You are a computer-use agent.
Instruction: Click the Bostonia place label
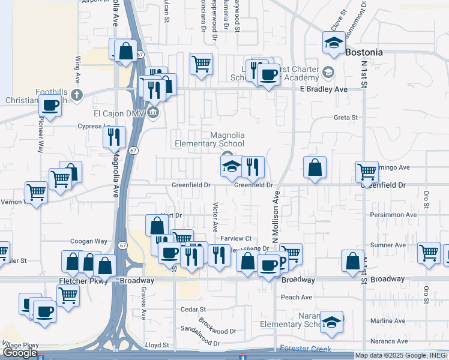tap(364, 53)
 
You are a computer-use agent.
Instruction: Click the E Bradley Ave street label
tap(324, 89)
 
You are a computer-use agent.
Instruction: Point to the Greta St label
tap(346, 118)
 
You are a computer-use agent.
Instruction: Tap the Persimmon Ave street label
tap(394, 215)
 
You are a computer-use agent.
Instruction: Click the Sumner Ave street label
tap(389, 245)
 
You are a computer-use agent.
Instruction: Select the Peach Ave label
tap(297, 297)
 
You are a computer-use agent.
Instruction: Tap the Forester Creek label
tap(306, 349)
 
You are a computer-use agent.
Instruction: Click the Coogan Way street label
tap(89, 241)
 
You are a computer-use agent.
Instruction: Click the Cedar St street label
tap(193, 310)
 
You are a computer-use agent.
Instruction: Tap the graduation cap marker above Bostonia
tap(333, 42)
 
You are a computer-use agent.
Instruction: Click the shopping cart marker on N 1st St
tap(367, 172)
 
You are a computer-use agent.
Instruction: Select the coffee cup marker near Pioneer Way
tap(50, 107)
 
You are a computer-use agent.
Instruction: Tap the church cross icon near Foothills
tap(76, 94)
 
